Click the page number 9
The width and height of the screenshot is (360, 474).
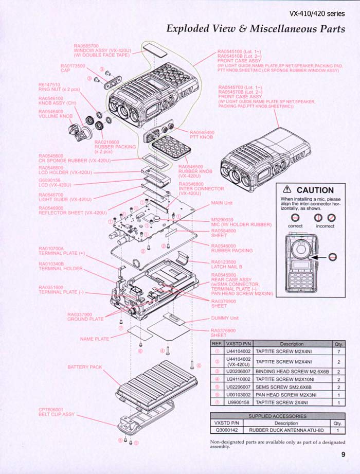click(343, 454)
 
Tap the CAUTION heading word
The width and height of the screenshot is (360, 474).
click(315, 190)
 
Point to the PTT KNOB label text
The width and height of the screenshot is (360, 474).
click(202, 137)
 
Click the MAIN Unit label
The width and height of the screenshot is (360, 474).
click(222, 203)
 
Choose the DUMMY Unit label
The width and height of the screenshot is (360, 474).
click(225, 318)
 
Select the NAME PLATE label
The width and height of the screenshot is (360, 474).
click(95, 339)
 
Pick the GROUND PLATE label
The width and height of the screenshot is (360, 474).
click(85, 320)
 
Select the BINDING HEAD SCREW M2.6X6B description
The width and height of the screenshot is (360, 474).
click(292, 370)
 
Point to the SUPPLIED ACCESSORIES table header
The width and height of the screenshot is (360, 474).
click(277, 415)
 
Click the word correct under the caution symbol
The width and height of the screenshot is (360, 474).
click(295, 226)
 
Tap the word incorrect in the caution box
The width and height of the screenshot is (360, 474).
click(325, 226)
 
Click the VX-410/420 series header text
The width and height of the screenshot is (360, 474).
click(317, 14)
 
